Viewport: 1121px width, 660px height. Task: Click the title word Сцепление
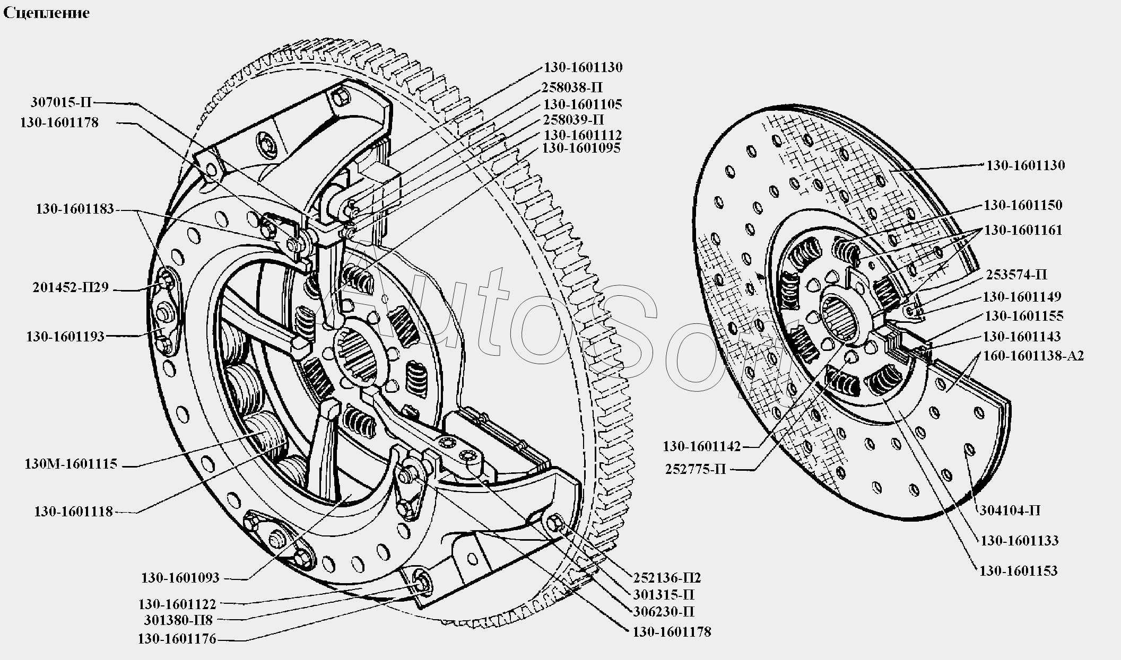(x=47, y=13)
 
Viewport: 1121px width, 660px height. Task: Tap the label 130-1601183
(x=75, y=209)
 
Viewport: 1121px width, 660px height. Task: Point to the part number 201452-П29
(x=71, y=287)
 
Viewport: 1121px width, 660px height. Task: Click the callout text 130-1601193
(x=65, y=337)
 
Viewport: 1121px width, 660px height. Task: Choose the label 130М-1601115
(x=71, y=464)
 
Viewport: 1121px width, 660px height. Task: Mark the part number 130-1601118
(x=74, y=512)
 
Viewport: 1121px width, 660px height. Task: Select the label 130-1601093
(x=180, y=578)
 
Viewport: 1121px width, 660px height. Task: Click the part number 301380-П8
(x=178, y=620)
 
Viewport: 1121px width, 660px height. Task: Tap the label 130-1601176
(x=177, y=639)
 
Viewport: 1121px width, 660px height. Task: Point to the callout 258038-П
(x=572, y=87)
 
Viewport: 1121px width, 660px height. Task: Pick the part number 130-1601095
(x=581, y=148)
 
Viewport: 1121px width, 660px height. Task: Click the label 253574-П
(x=1016, y=275)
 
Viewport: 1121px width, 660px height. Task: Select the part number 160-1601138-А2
(x=1033, y=356)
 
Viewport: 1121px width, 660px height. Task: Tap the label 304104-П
(x=1009, y=511)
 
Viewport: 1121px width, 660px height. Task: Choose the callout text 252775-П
(x=695, y=469)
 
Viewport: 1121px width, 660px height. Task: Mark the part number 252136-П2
(x=667, y=577)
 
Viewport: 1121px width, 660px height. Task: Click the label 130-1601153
(x=1018, y=571)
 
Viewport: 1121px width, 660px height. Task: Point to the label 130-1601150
(x=1023, y=206)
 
